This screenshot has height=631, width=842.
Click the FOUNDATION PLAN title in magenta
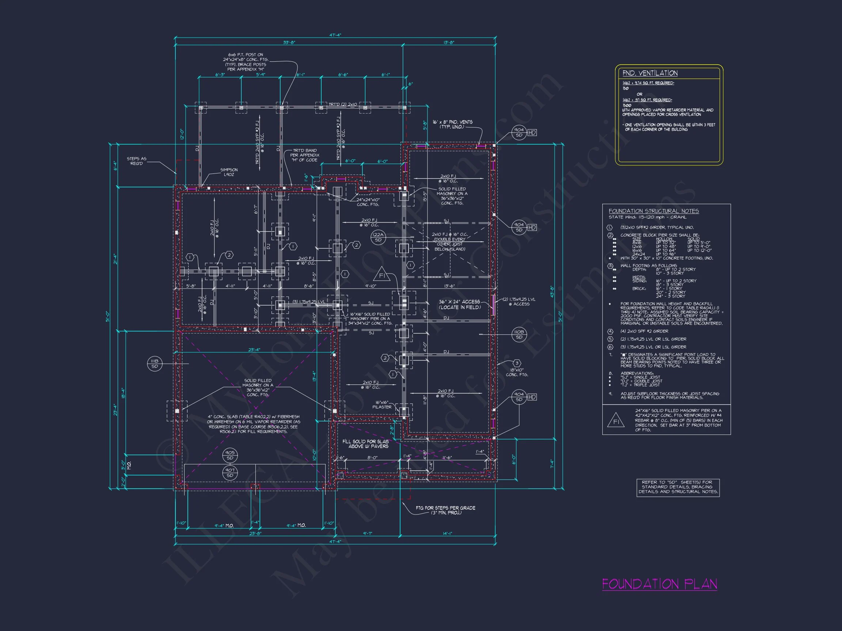(x=659, y=584)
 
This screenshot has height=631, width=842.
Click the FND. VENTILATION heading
(x=650, y=73)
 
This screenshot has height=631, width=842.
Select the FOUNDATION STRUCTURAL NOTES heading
(x=653, y=211)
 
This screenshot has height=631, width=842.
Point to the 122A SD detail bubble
(x=378, y=237)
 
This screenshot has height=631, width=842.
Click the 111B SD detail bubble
(x=155, y=364)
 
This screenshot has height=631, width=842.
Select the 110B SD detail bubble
(x=519, y=334)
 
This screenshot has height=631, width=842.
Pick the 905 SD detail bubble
(x=230, y=455)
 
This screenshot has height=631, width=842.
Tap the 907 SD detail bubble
(x=230, y=473)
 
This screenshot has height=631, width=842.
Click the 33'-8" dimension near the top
(x=289, y=43)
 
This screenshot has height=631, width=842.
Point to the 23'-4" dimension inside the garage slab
(x=254, y=349)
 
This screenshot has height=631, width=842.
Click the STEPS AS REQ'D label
(x=136, y=161)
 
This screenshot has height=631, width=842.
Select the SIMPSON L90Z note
(x=229, y=172)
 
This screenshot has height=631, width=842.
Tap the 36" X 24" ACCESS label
(x=459, y=304)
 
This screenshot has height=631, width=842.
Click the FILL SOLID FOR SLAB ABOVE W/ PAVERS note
(x=365, y=444)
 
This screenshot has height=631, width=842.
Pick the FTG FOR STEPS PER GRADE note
(x=445, y=510)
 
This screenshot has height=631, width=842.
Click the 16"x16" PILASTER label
(x=382, y=405)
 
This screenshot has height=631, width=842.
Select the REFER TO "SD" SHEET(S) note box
(x=678, y=487)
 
